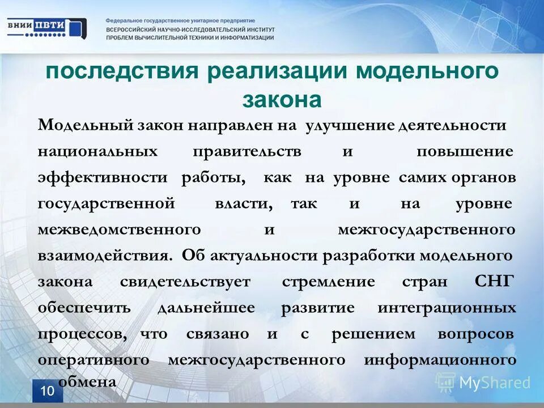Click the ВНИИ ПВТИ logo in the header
(x=46, y=28)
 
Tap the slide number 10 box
(x=48, y=391)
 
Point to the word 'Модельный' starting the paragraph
(x=85, y=125)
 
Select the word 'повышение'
(x=465, y=152)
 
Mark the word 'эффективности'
(x=103, y=177)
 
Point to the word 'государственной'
(x=106, y=203)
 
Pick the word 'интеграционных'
(x=447, y=308)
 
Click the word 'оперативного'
(x=93, y=360)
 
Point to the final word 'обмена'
(x=87, y=382)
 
